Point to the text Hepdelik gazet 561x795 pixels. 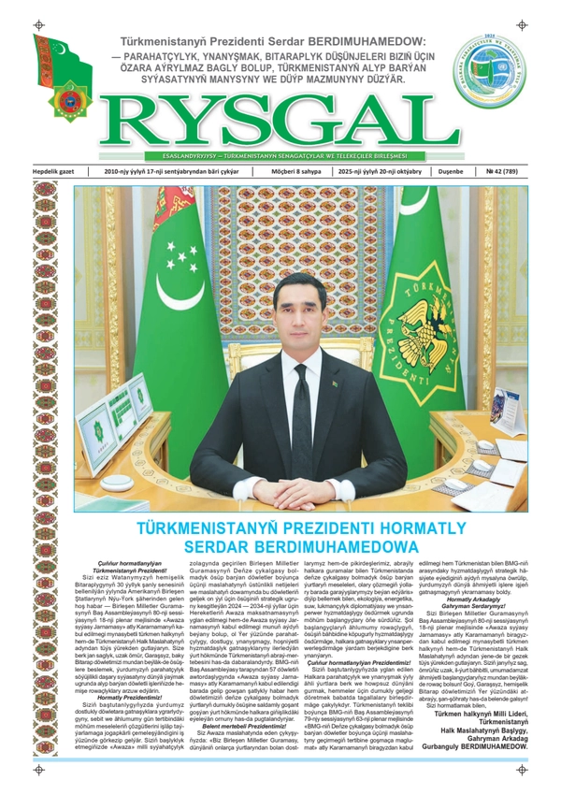tap(57, 172)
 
